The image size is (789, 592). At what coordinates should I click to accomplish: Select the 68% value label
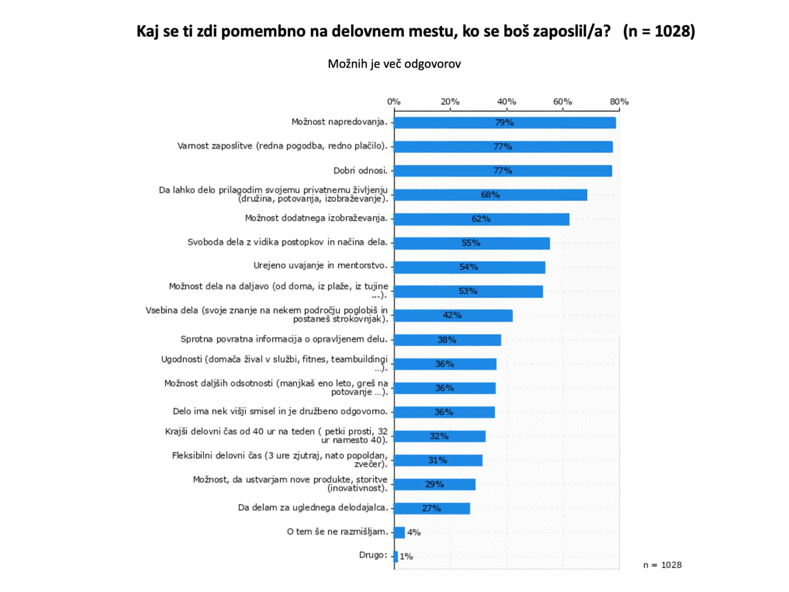coord(490,195)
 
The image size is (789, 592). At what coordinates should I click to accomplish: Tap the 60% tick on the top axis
coord(563,102)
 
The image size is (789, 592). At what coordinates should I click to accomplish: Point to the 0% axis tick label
coord(394,102)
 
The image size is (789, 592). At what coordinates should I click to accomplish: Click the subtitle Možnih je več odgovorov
coord(394,64)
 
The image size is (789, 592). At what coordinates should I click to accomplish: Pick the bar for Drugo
coord(395,556)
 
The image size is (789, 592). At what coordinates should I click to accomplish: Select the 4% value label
coord(414,532)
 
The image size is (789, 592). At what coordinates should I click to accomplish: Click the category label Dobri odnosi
coord(360,171)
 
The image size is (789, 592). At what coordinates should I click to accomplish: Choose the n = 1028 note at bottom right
coord(662,565)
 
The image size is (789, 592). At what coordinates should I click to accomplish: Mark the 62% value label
coord(481,219)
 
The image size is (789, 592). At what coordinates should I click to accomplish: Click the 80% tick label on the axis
coord(619,102)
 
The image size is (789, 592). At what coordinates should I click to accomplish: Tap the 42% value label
coord(452,315)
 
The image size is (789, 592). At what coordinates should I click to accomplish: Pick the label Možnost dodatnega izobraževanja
coord(316,218)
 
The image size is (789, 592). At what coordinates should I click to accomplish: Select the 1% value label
coord(406,556)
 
